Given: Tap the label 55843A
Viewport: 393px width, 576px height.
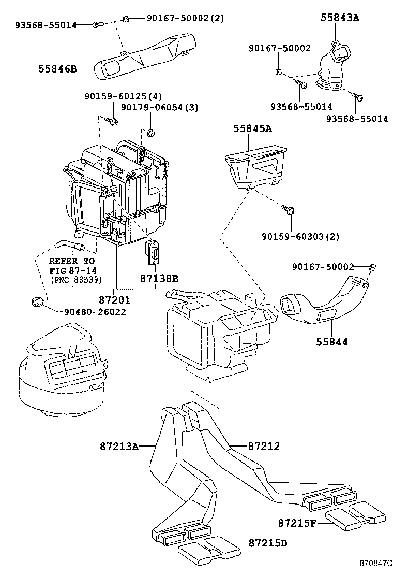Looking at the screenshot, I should pyautogui.click(x=339, y=17).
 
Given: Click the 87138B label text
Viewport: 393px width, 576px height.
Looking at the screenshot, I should pyautogui.click(x=159, y=278).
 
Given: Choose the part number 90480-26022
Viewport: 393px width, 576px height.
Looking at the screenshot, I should pyautogui.click(x=95, y=312).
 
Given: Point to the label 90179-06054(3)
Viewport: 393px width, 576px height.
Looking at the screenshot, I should pyautogui.click(x=160, y=107).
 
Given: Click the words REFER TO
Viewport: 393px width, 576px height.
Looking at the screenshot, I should pyautogui.click(x=72, y=261).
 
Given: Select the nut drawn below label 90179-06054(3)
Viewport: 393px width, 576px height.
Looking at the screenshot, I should pyautogui.click(x=149, y=132).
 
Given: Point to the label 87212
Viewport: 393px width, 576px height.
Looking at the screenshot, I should pyautogui.click(x=264, y=446).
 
